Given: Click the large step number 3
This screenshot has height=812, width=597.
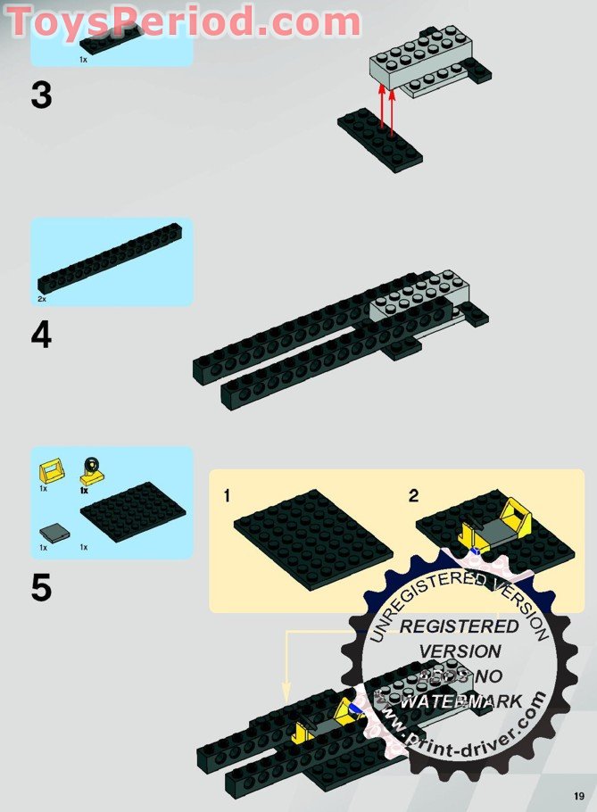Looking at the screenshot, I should click(x=41, y=95).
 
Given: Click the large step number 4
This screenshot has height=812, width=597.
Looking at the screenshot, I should click(x=41, y=336).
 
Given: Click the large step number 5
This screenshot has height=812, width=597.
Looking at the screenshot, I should click(x=41, y=588).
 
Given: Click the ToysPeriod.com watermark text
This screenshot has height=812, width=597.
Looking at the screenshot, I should click(x=183, y=21).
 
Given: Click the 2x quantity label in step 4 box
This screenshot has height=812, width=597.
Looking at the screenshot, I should click(x=42, y=299).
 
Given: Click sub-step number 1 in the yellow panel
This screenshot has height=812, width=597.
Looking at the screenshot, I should click(x=227, y=496).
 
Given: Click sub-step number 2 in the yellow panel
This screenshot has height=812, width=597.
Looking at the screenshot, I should click(x=413, y=496).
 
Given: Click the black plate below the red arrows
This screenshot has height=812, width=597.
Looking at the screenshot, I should click(x=379, y=139).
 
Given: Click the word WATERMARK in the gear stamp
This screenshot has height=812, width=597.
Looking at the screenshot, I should click(x=462, y=701).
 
